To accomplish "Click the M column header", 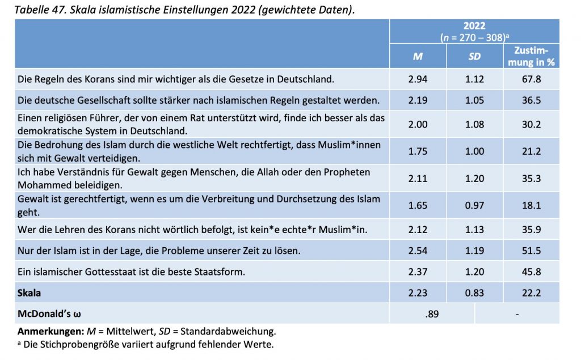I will coord(418,56).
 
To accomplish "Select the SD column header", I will coord(474,56).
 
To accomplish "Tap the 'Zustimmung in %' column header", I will coord(531,56).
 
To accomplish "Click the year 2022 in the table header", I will coord(474,26).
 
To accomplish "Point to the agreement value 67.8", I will coord(531,79).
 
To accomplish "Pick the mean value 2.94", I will coord(418,79).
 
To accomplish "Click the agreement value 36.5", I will coord(531,100).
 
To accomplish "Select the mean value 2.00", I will coord(418,125).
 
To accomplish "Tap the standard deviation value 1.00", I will coord(474,151).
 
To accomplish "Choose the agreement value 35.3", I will coord(531,179).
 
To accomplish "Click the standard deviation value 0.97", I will coord(474,205).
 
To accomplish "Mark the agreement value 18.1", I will coord(531,205).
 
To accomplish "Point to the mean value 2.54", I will coord(418,251).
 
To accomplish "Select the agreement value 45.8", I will coord(531,272).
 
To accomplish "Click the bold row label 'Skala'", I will coord(30,293).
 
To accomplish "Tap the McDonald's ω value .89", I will coord(432,314).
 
